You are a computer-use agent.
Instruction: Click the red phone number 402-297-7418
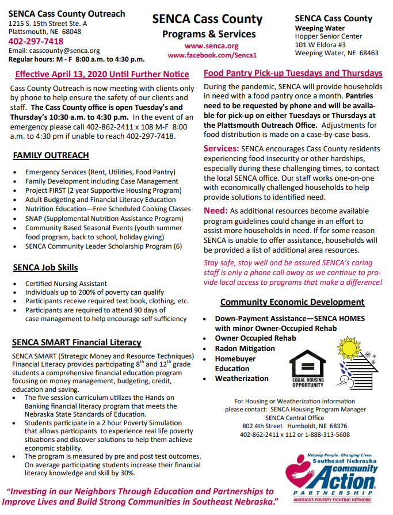pos(36,41)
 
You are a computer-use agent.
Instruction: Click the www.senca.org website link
pos(212,45)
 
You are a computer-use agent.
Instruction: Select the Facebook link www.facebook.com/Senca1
pos(212,55)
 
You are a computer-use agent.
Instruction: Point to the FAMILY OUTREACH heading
pos(51,155)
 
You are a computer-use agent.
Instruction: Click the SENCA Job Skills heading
pos(45,268)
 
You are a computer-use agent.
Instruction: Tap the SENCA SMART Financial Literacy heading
pos(77,342)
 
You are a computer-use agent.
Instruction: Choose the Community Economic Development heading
pos(292,302)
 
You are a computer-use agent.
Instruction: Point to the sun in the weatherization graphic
pos(349,350)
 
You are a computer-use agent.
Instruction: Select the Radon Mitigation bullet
pos(245,349)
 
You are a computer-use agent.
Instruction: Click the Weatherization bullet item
pos(242,379)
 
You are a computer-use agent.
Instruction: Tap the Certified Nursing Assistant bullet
pos(66,284)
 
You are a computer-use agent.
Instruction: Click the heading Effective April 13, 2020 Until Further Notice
pos(102,74)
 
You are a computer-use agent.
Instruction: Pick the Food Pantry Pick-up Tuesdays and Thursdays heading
pos(293,73)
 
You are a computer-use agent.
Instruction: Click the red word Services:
pos(222,148)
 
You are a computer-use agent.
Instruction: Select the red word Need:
pos(216,211)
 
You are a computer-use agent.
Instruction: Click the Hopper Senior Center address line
pos(329,36)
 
